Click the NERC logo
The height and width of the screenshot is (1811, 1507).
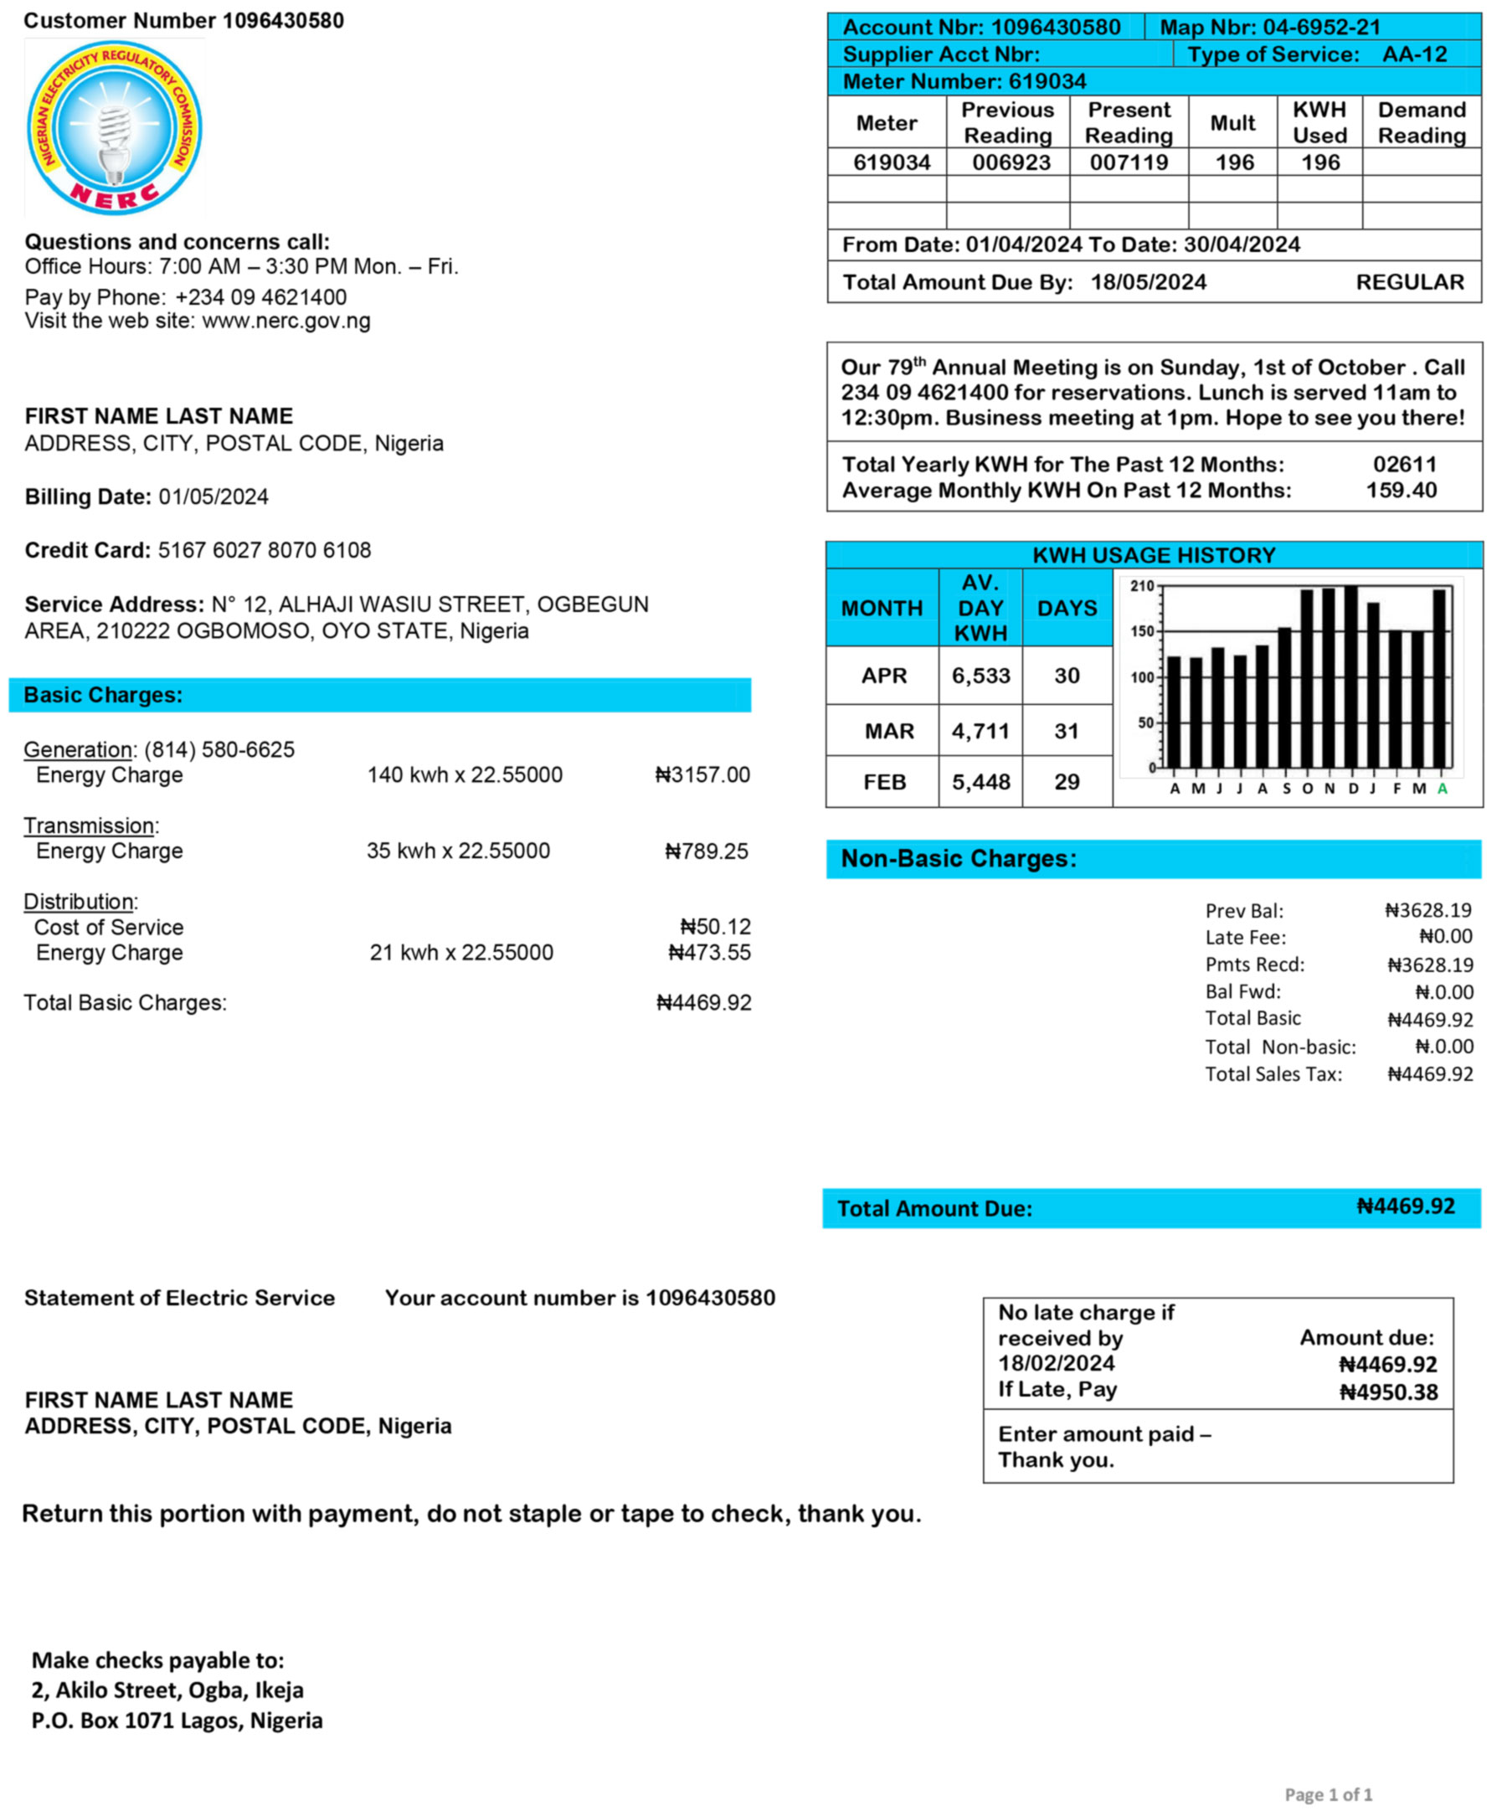tap(115, 127)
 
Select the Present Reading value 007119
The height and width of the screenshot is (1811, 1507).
tap(1129, 162)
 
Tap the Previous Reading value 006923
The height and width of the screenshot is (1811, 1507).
tap(1011, 162)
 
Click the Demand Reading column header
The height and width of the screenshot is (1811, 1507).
tap(1421, 122)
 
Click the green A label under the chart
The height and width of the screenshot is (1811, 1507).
tap(1442, 788)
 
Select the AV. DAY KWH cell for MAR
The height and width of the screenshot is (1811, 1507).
tap(980, 731)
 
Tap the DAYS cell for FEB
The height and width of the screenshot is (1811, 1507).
tap(1067, 782)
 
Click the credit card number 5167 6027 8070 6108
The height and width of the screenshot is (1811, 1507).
tap(264, 550)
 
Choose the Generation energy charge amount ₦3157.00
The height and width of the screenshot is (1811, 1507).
tap(702, 774)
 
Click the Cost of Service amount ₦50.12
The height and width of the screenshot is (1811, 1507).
tap(715, 926)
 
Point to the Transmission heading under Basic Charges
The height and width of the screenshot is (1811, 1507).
tap(90, 826)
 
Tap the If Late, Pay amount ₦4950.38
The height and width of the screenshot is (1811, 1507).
tap(1388, 1392)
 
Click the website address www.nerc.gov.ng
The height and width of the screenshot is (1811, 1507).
tap(286, 321)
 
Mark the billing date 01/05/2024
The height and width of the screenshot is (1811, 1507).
tap(213, 496)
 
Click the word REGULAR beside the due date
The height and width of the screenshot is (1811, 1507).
tap(1410, 282)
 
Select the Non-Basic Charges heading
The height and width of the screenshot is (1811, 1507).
tap(958, 858)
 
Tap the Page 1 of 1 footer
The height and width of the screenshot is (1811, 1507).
tap(1328, 1794)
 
